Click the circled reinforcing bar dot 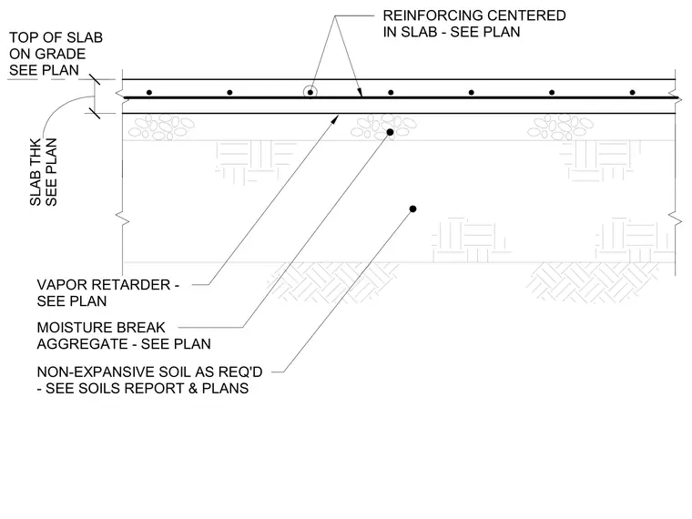click(x=310, y=93)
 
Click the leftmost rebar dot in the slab click(x=149, y=93)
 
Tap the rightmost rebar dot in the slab click(x=633, y=93)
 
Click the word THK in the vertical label click(x=36, y=151)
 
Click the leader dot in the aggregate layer click(x=390, y=132)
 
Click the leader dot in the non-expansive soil click(x=412, y=209)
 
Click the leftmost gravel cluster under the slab click(x=161, y=127)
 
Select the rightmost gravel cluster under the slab click(x=561, y=127)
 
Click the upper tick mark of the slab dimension click(x=95, y=79)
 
